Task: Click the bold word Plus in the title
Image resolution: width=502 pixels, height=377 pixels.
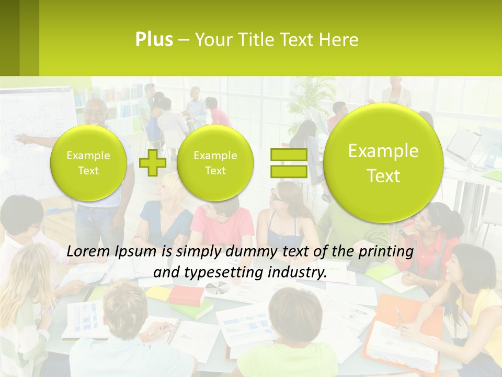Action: tap(154, 39)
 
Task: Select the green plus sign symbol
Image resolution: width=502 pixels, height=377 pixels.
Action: tap(152, 162)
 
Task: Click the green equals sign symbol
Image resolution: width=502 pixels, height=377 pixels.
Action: tap(289, 162)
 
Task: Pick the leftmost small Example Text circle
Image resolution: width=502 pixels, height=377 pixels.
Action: tap(88, 163)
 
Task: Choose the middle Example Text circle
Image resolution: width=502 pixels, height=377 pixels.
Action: tap(215, 163)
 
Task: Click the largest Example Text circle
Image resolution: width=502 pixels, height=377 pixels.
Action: tap(383, 163)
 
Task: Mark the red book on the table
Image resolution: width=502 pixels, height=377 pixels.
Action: tap(186, 294)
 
